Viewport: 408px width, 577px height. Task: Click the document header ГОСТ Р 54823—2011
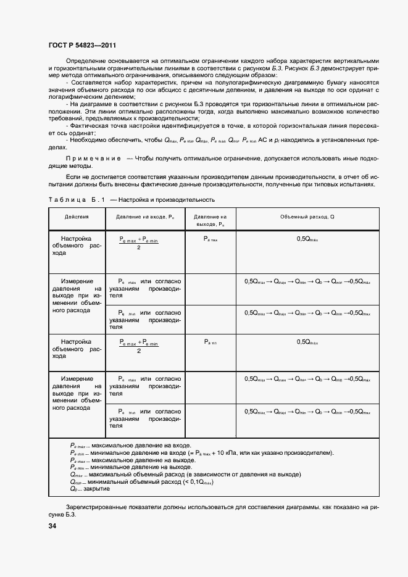81,46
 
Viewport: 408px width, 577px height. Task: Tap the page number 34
52,526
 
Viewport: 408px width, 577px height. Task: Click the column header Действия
77,217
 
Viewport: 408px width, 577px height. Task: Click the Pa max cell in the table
210,238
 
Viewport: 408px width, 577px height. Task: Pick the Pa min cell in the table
210,341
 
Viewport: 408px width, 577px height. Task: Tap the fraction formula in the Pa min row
139,346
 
